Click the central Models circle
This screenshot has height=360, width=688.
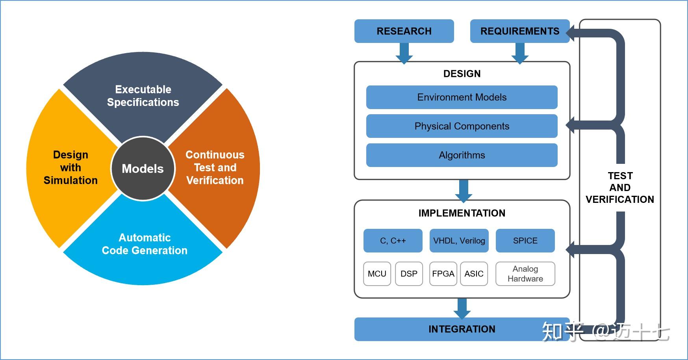tap(143, 169)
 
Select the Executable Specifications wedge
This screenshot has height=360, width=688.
tap(143, 96)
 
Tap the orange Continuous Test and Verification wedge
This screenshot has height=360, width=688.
tap(215, 167)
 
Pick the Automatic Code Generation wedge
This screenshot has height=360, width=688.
tap(145, 244)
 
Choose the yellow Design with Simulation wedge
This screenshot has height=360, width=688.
tap(70, 167)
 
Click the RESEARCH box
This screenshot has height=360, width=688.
tap(404, 31)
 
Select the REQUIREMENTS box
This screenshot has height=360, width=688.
tap(520, 31)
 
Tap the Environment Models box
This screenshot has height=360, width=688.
tap(462, 97)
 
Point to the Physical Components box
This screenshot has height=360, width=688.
tap(462, 126)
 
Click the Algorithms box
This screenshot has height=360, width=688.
tap(462, 155)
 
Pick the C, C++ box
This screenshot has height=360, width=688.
tap(393, 241)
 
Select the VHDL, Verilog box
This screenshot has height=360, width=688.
tap(459, 241)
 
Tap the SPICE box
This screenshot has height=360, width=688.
tap(525, 241)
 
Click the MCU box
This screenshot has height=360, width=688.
tap(377, 274)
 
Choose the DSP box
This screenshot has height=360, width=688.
tap(409, 274)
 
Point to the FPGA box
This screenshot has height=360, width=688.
tap(443, 274)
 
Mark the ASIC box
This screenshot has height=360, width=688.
tap(474, 274)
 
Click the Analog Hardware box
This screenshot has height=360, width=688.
tap(525, 274)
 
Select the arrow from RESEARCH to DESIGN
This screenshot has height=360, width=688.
tap(404, 53)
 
